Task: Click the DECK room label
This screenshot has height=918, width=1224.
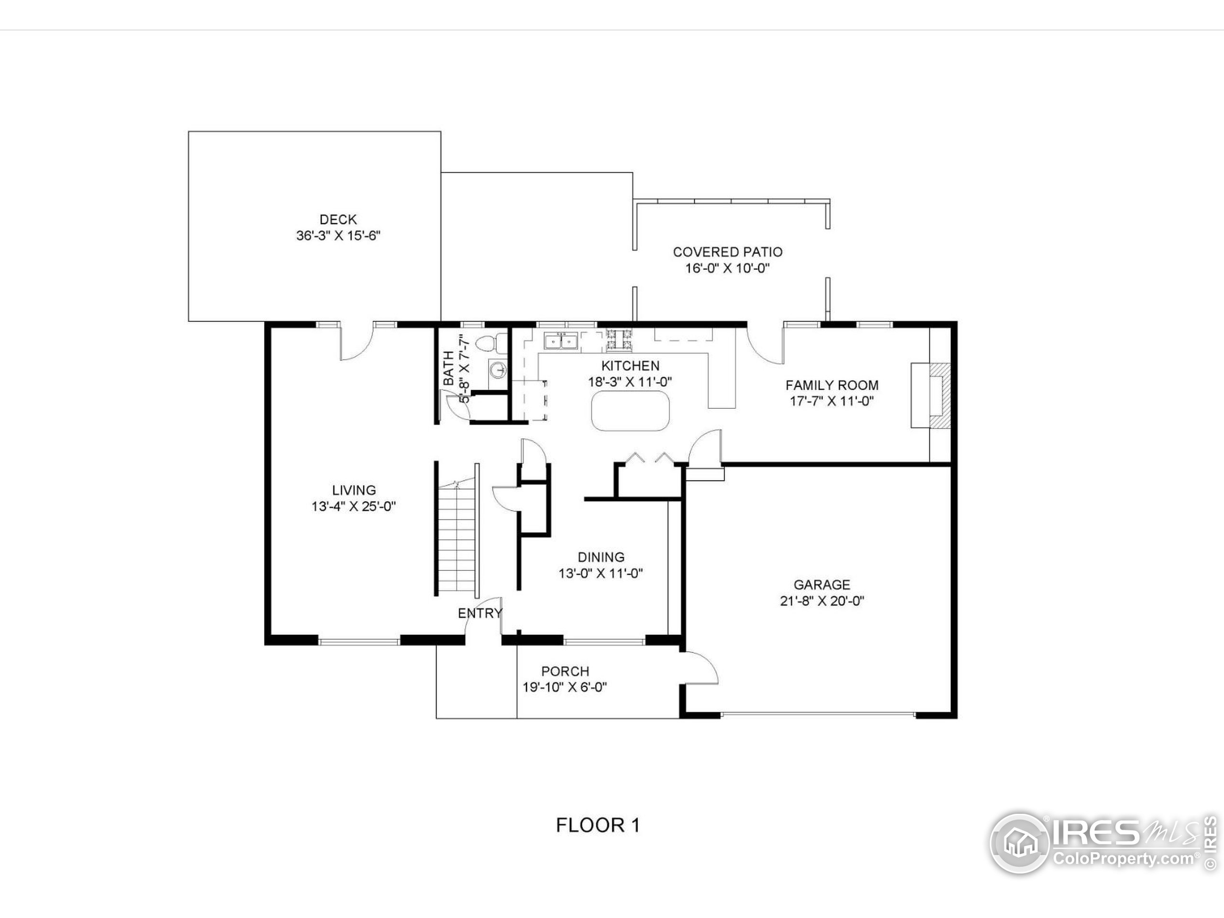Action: [x=338, y=219]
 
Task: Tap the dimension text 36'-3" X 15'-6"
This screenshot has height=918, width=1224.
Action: [x=338, y=236]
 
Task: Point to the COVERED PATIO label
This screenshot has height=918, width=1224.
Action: [x=727, y=252]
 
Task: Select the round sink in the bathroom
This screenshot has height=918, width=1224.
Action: [x=499, y=369]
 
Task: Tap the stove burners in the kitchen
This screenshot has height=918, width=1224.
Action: [x=619, y=340]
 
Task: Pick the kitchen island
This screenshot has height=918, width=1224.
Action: [x=630, y=411]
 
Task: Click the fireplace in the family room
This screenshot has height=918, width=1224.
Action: [x=932, y=395]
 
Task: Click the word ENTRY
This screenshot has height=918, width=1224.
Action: [x=480, y=613]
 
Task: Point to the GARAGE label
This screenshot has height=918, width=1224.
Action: [x=822, y=585]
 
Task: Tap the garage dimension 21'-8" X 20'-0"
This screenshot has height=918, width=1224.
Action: [x=822, y=601]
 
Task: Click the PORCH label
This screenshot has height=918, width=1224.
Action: [x=565, y=671]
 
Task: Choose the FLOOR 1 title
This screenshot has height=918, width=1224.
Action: [x=598, y=825]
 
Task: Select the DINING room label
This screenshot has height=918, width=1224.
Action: [x=601, y=557]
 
